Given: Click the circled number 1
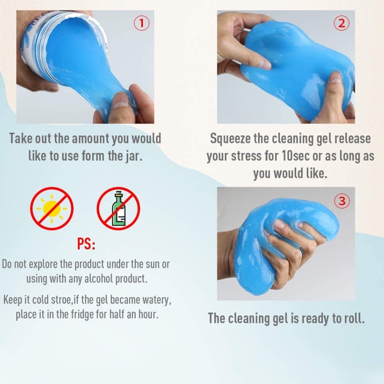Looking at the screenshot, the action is click(142, 23).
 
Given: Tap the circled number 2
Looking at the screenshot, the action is click(342, 23).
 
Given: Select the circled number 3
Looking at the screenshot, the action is click(342, 201).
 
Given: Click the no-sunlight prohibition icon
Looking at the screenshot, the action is click(52, 208).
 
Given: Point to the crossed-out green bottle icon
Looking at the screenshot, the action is click(118, 208).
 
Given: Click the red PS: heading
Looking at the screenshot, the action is click(86, 244).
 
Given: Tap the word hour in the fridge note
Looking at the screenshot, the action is click(148, 314).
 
